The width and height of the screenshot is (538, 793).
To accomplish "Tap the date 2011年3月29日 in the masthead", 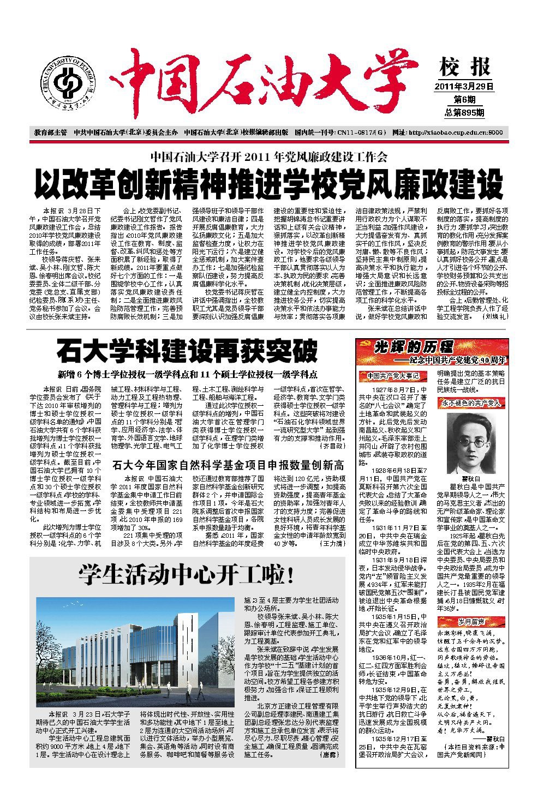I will tap(464, 86).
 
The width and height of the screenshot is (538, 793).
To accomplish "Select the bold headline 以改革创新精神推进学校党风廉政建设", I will tap(268, 184).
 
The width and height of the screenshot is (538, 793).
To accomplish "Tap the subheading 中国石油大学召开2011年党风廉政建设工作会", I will tap(268, 158).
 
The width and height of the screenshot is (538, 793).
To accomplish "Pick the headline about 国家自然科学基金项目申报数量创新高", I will tap(228, 465).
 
